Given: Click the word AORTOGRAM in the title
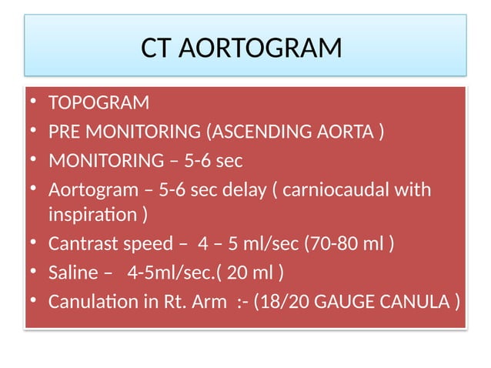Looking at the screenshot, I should [x=264, y=49].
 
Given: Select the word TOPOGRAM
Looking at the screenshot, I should [x=99, y=103].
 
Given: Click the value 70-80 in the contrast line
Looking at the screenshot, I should [x=330, y=244].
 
